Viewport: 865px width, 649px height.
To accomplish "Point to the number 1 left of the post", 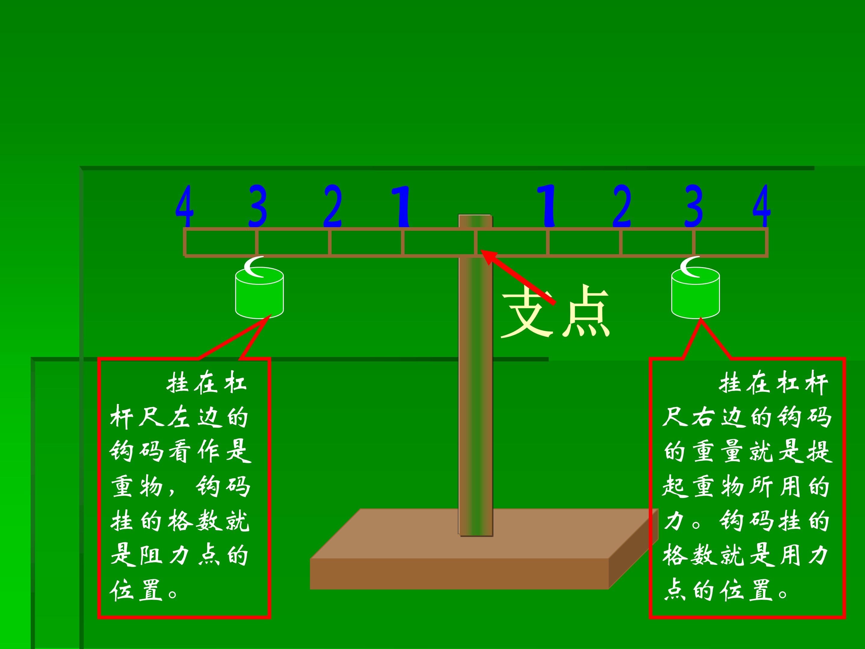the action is [x=401, y=206].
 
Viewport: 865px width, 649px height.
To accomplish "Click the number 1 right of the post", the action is [x=547, y=206].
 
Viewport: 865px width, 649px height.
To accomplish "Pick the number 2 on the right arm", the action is [x=622, y=206].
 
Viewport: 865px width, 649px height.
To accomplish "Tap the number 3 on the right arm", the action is [x=694, y=206].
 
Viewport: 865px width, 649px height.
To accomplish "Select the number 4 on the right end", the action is [x=762, y=206].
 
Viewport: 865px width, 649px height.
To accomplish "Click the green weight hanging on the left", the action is [x=259, y=293].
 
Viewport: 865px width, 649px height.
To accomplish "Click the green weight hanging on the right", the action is [x=695, y=293].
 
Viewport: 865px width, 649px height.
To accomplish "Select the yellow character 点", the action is [x=586, y=311].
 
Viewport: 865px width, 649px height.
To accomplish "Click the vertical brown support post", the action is [x=475, y=376].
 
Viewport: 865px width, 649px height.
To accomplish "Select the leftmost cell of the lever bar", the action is [x=220, y=242].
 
